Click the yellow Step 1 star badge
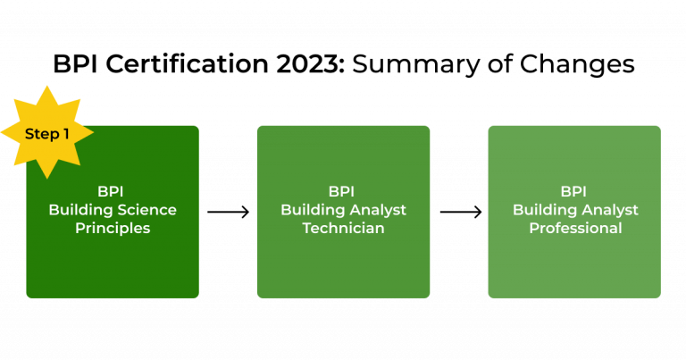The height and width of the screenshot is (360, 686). coord(46,133)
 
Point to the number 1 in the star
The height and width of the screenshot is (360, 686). coord(64,134)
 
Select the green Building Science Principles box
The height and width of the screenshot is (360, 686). coord(113,259)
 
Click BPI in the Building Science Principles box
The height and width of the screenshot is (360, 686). coord(113,191)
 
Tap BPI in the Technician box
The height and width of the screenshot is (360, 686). coord(343,191)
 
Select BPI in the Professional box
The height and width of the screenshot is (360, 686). coord(574,191)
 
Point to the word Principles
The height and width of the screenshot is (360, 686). coord(113,229)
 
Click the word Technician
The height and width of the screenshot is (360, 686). coord(343,229)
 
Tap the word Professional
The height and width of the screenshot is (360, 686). coord(574,229)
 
